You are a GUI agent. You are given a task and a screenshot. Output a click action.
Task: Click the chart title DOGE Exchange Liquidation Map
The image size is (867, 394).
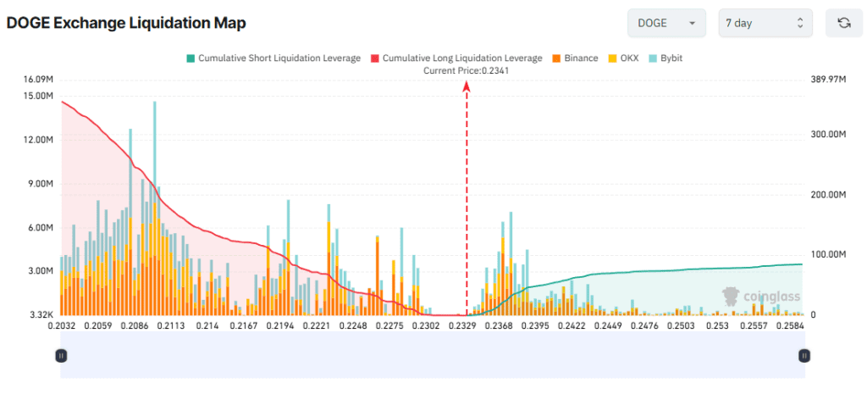(x=126, y=24)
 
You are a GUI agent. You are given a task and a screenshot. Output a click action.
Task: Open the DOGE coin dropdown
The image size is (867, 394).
(x=665, y=23)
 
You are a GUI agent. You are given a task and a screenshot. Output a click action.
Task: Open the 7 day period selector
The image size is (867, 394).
(x=765, y=23)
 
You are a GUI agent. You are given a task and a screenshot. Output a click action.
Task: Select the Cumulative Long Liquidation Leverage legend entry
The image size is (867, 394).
(x=456, y=58)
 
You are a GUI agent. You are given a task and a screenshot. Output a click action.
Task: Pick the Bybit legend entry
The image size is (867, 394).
(x=665, y=58)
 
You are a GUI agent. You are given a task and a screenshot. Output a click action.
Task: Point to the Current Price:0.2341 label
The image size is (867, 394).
(x=466, y=70)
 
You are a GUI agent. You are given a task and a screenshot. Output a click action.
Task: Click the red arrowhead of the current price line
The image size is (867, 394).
(x=467, y=86)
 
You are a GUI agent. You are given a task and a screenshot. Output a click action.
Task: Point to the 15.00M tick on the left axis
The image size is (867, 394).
(x=39, y=96)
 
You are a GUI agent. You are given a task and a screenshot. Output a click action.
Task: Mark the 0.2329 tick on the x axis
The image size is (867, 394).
(x=462, y=325)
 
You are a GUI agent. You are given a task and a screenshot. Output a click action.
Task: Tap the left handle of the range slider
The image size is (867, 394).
(x=61, y=356)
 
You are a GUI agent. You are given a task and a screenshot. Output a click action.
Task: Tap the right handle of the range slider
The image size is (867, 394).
(x=804, y=356)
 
